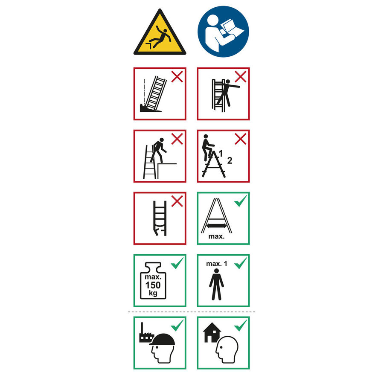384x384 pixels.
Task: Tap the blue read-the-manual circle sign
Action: [223, 32]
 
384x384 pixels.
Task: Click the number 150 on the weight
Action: [153, 285]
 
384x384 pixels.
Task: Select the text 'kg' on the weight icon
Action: [153, 293]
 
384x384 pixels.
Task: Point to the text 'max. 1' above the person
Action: [216, 264]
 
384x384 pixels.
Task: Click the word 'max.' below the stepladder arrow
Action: [216, 236]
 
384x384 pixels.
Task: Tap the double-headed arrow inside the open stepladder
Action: [216, 226]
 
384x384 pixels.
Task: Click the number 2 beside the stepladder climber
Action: [230, 161]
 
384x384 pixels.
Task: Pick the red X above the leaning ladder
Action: [177, 77]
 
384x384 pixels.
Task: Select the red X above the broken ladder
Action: [177, 201]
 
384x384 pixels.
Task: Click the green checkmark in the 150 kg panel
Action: [177, 263]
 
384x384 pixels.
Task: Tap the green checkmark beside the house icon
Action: [241, 326]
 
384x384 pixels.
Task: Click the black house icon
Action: [212, 332]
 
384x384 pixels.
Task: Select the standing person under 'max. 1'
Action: [216, 284]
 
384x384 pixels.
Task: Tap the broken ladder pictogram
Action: [160, 218]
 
